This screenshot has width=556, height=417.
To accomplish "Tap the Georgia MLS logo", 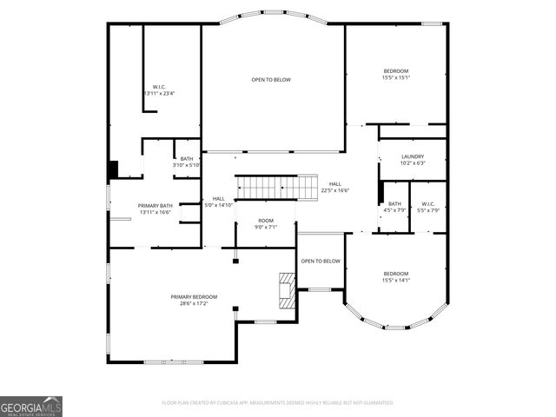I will pyautogui.click(x=31, y=407).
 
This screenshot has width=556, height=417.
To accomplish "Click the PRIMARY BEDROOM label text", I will pyautogui.click(x=194, y=296).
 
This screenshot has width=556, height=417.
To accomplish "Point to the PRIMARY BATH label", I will pyautogui.click(x=155, y=205).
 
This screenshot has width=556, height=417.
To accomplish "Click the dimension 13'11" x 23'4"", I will pyautogui.click(x=159, y=93).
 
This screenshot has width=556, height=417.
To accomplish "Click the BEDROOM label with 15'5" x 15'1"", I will pyautogui.click(x=396, y=70).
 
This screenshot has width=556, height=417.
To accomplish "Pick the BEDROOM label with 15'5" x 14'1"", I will pyautogui.click(x=396, y=273).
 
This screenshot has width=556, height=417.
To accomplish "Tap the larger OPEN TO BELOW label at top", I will pyautogui.click(x=271, y=80).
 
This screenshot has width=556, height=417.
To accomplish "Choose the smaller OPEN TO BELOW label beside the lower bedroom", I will pyautogui.click(x=320, y=261).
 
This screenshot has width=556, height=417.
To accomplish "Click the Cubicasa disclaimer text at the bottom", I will pyautogui.click(x=278, y=402).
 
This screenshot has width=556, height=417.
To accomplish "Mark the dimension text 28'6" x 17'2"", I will pyautogui.click(x=194, y=303).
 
